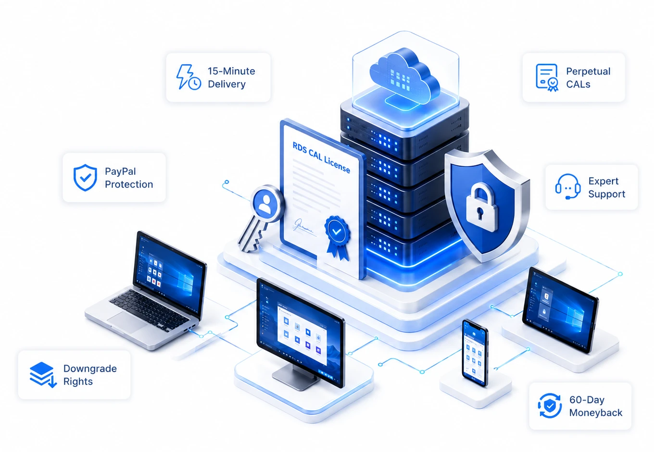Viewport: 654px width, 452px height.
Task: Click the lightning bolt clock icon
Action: (189, 77)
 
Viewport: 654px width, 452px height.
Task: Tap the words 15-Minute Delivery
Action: (231, 77)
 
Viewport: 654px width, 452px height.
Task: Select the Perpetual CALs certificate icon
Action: (547, 77)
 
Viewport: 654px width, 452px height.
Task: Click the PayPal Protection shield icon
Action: (85, 177)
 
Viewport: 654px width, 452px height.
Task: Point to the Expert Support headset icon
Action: (567, 187)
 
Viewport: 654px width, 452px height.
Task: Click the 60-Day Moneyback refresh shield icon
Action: (550, 405)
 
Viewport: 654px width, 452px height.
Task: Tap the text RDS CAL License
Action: (321, 158)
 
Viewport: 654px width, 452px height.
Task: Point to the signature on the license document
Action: (303, 227)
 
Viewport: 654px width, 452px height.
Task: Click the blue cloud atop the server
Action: (405, 75)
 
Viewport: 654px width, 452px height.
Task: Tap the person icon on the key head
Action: (265, 204)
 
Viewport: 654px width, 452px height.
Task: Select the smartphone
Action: (475, 353)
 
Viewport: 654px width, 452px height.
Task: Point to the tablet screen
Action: (560, 310)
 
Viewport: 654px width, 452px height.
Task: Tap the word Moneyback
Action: (596, 413)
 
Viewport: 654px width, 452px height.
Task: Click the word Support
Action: (607, 195)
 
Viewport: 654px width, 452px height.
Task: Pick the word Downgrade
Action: (90, 368)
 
